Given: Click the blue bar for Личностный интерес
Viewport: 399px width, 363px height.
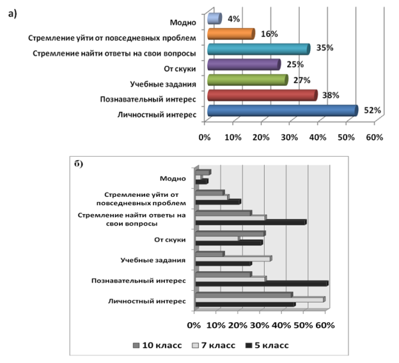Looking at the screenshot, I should pyautogui.click(x=281, y=112).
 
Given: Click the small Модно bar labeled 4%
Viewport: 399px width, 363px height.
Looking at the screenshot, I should pyautogui.click(x=215, y=19).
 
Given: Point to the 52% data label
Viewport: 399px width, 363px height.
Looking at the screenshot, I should pyautogui.click(x=373, y=110).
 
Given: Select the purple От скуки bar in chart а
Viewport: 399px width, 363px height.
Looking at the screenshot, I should pyautogui.click(x=244, y=65).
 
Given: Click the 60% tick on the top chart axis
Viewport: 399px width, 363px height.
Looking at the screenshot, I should pyautogui.click(x=374, y=137).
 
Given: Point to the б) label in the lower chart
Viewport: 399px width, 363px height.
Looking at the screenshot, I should pyautogui.click(x=79, y=164).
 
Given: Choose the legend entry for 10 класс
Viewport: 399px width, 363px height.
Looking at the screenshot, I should pyautogui.click(x=155, y=346).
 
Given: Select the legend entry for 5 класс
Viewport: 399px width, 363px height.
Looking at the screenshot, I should pyautogui.click(x=270, y=346).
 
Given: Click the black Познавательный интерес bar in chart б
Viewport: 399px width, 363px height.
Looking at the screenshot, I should pyautogui.click(x=262, y=283).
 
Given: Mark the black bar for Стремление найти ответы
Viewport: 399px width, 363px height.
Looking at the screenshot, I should pyautogui.click(x=251, y=222).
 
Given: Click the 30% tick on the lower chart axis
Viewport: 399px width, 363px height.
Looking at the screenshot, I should pyautogui.click(x=261, y=325).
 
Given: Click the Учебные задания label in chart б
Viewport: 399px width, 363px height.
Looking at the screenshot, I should pyautogui.click(x=153, y=260).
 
